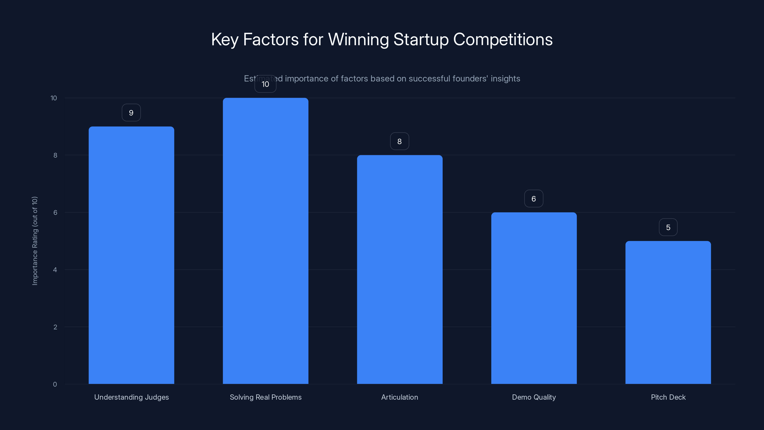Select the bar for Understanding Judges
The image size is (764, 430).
pyautogui.click(x=131, y=255)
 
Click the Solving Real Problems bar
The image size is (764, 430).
pyautogui.click(x=265, y=241)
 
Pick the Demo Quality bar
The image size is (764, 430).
pyautogui.click(x=534, y=298)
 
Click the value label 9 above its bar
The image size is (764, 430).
pyautogui.click(x=131, y=113)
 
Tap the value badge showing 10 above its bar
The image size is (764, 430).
pyautogui.click(x=265, y=84)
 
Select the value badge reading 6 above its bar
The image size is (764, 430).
pyautogui.click(x=534, y=199)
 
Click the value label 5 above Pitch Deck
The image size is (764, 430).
pyautogui.click(x=668, y=228)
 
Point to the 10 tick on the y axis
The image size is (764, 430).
pyautogui.click(x=54, y=98)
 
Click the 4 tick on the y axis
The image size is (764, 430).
pyautogui.click(x=55, y=270)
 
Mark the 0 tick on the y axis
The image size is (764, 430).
pyautogui.click(x=55, y=385)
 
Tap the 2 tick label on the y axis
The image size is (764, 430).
pyautogui.click(x=55, y=327)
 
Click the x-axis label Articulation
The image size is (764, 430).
pyautogui.click(x=399, y=397)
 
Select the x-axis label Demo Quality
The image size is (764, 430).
pyautogui.click(x=534, y=397)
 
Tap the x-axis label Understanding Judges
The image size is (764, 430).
pyautogui.click(x=131, y=397)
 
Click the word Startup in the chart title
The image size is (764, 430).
pyautogui.click(x=421, y=39)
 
